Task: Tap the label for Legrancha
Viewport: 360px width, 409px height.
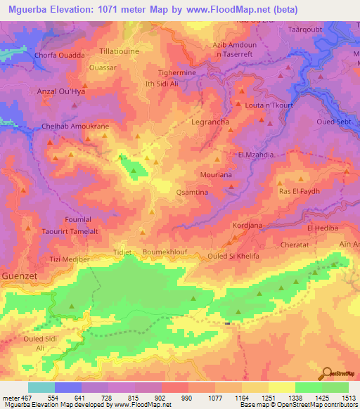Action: click(212, 121)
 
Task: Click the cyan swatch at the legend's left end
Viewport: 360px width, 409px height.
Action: click(41, 387)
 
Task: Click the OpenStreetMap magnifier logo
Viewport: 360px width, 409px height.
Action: click(327, 374)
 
